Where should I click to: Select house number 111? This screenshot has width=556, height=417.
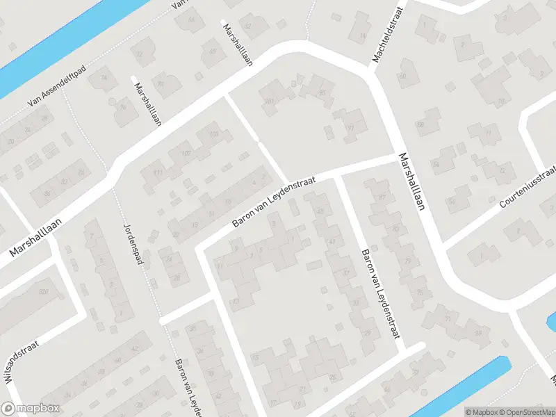pos(158,172)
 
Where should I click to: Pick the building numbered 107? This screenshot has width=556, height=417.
pos(186,153)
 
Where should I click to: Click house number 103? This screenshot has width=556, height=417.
pos(213,134)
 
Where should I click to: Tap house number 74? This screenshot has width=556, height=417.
pos(104,77)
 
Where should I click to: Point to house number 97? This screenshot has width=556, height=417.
pos(351,127)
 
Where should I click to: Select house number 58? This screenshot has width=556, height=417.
pos(420,125)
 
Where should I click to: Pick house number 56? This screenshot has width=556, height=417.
pos(436,163)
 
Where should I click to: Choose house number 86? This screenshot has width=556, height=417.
pos(49,194)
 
